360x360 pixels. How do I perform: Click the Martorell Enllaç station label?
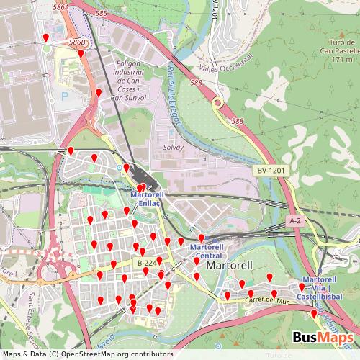148,199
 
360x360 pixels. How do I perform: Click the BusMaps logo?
323,338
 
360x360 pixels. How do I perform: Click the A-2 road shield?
294,220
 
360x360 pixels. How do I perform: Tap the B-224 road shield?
146,263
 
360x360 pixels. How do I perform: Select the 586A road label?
61,6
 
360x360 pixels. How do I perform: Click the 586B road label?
78,43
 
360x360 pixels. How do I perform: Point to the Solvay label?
174,147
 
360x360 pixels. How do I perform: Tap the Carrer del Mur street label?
261,300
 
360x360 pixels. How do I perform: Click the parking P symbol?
65,96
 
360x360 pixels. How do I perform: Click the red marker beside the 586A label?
46,37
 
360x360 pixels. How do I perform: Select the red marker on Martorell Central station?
202,238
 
